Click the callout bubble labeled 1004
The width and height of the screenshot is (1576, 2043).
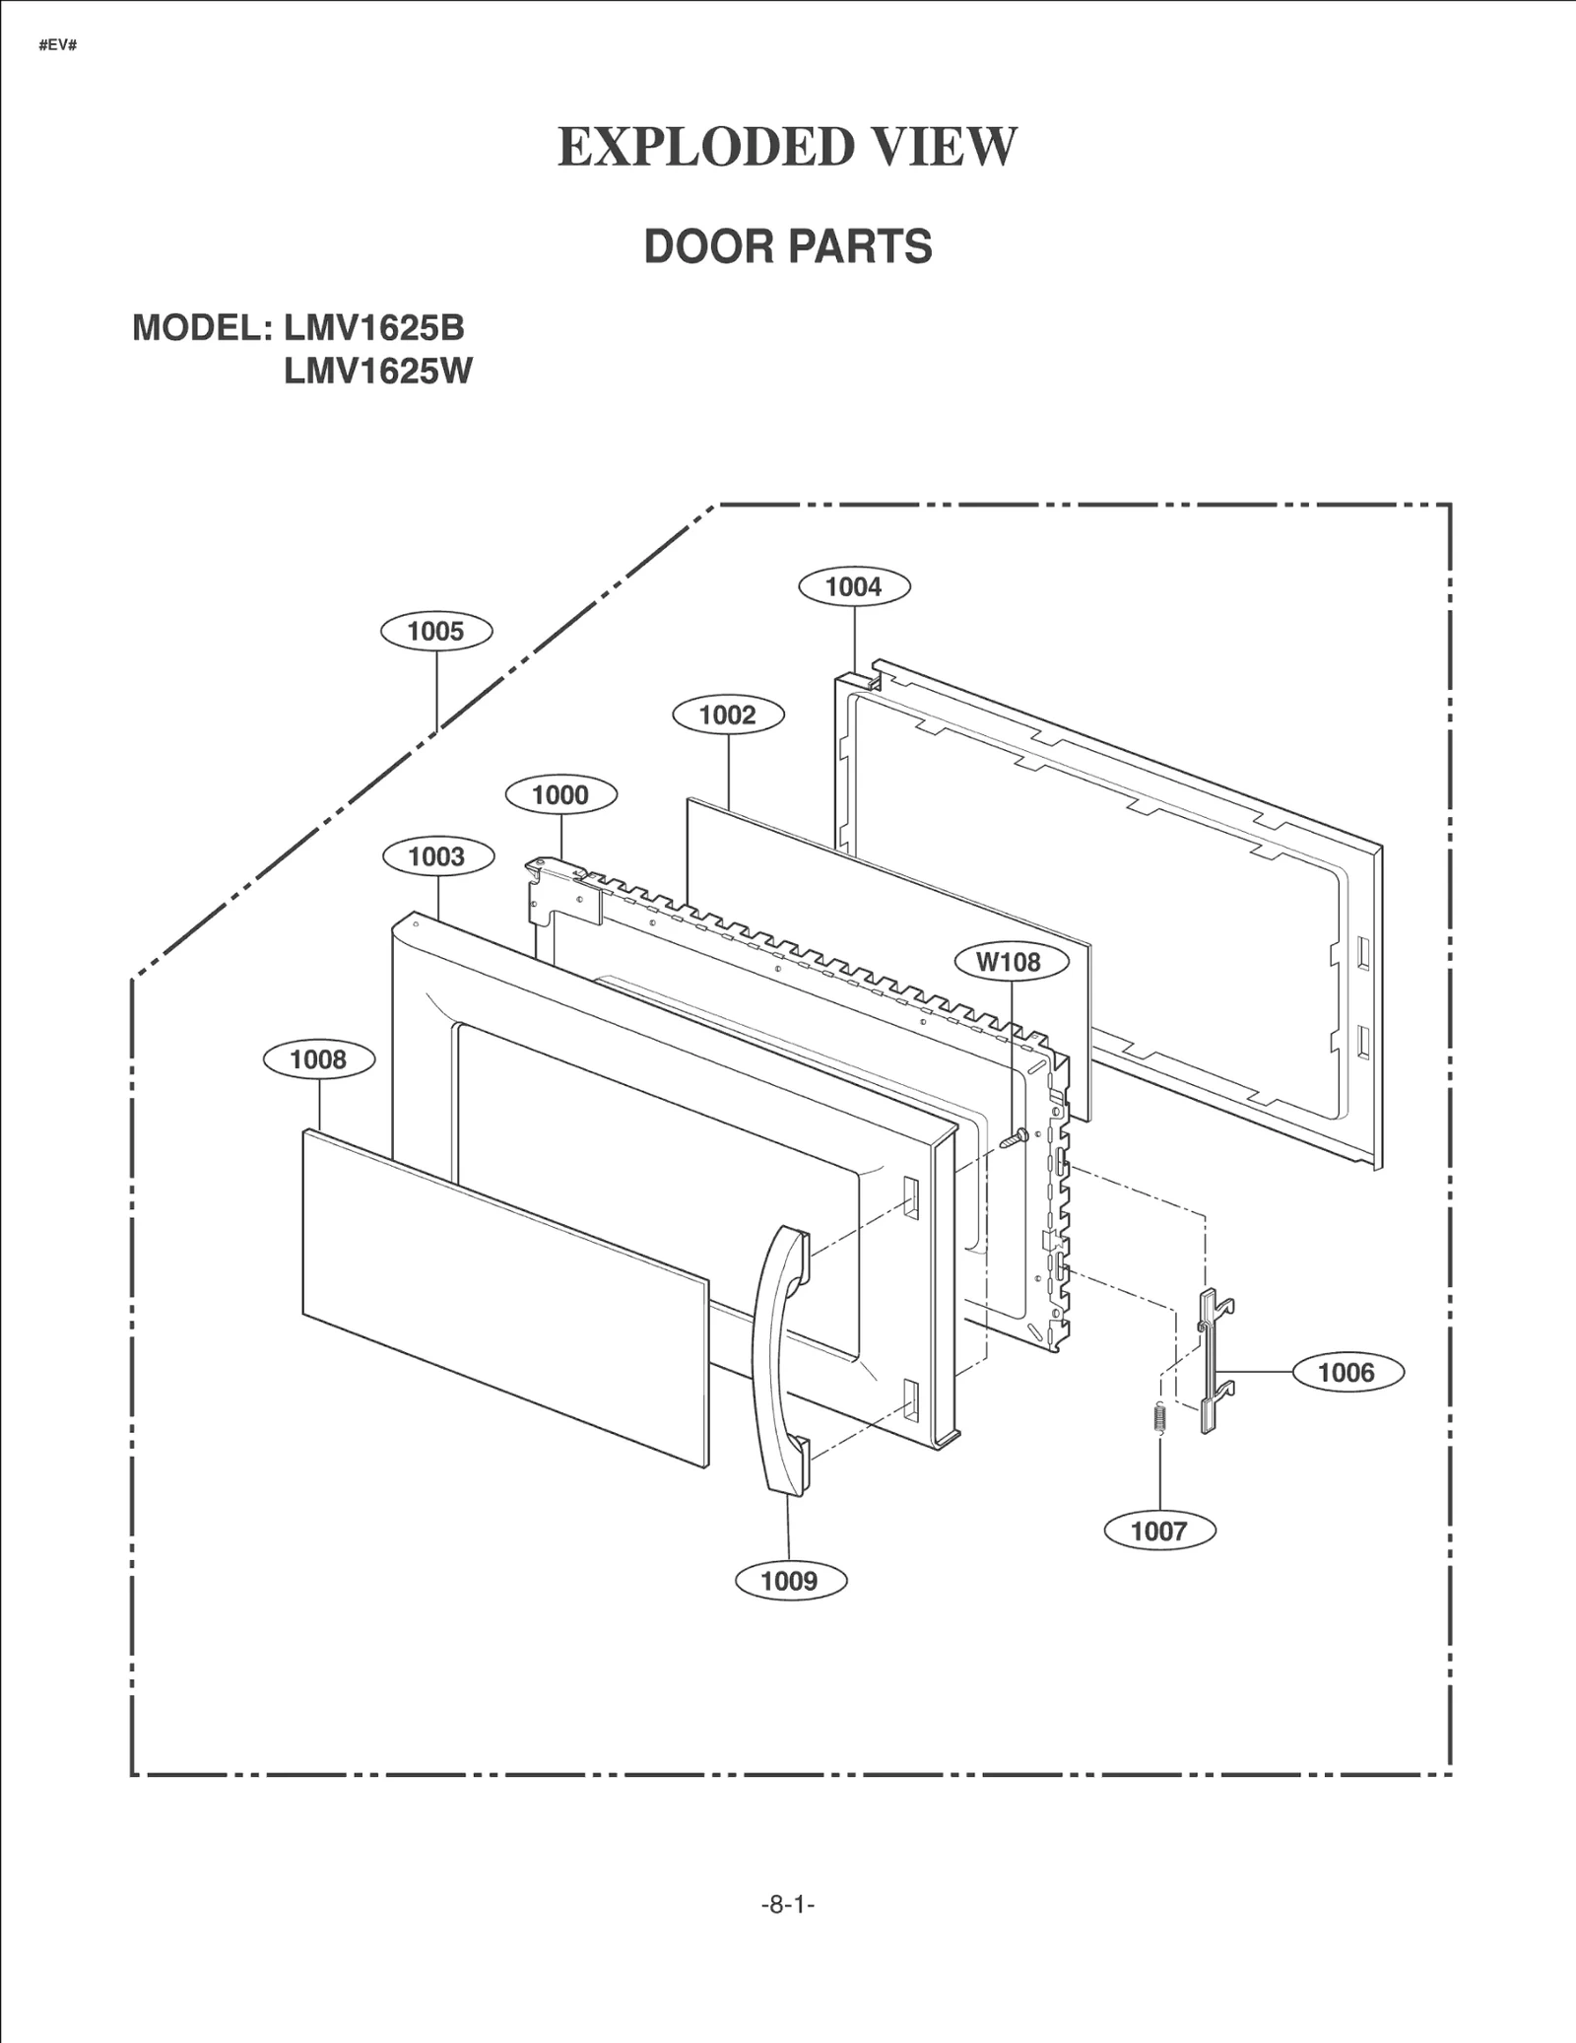coord(853,586)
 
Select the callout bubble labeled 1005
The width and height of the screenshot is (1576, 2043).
coord(436,631)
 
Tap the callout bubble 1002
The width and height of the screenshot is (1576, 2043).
coord(728,715)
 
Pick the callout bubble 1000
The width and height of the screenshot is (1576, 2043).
coord(560,794)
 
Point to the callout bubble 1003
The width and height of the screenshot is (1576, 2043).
coord(436,855)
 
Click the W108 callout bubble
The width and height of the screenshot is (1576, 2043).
coord(1012,961)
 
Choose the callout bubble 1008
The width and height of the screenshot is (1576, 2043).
coord(318,1059)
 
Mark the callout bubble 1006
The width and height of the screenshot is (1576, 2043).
coord(1346,1372)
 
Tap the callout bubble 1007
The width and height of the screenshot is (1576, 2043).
coord(1159,1531)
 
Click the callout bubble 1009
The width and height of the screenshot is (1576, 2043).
coord(790,1581)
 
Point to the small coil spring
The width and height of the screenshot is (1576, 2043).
coord(1159,1418)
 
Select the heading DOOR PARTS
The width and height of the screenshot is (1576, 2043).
coord(787,246)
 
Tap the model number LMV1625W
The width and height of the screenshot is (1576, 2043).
coord(378,372)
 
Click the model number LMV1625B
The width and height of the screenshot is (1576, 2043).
coord(374,327)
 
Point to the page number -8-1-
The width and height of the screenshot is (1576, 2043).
coord(787,1905)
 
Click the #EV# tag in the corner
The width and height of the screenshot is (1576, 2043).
coord(58,46)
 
